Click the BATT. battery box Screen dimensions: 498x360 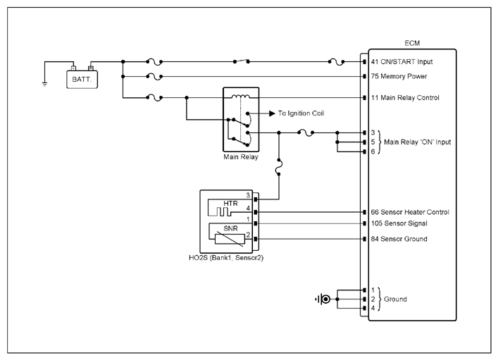click(82, 79)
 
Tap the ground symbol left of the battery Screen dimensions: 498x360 click(44, 85)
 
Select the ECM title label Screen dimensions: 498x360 click(412, 43)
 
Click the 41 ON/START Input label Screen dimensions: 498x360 click(401, 61)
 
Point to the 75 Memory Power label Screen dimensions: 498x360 click(399, 76)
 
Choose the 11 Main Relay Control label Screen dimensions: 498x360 click(405, 97)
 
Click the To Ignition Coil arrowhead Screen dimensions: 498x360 click(272, 113)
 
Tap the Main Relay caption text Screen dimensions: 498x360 click(241, 156)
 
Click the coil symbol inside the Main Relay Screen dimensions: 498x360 click(240, 97)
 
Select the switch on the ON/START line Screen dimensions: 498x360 click(242, 61)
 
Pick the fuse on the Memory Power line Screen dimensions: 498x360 click(154, 77)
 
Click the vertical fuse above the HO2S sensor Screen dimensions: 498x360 click(279, 167)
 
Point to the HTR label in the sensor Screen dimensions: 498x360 click(230, 204)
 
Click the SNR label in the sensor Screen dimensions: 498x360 click(230, 228)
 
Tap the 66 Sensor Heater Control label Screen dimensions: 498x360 click(410, 212)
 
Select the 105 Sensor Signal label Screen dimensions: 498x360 click(399, 223)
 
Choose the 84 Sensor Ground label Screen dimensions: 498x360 click(399, 239)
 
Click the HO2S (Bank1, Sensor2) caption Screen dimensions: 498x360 click(226, 258)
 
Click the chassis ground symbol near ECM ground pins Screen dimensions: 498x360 click(323, 299)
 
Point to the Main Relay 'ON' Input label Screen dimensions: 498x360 click(417, 142)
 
